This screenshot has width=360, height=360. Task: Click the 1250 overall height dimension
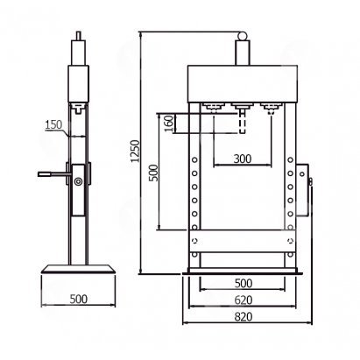135,151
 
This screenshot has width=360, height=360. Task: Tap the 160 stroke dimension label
169,123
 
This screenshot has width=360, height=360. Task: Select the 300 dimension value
243,159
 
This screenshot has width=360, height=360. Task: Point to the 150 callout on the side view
53,124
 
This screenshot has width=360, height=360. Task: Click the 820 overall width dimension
243,316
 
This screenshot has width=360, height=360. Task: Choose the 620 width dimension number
243,300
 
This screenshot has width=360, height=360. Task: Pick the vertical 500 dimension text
153,173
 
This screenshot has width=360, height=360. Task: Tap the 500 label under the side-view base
79,299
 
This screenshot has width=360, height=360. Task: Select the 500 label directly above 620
244,283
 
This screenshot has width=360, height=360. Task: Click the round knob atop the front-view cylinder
243,36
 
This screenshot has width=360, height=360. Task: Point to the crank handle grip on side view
45,174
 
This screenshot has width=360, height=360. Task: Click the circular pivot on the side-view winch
78,181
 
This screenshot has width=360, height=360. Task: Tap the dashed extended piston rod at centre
243,122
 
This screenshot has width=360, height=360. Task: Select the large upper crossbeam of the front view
243,84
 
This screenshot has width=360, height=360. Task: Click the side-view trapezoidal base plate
78,269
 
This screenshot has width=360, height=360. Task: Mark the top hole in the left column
194,159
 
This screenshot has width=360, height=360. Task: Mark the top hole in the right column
290,159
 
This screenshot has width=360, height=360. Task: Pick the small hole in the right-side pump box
302,174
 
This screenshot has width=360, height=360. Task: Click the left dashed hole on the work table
194,241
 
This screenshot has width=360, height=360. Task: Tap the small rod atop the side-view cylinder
78,36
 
